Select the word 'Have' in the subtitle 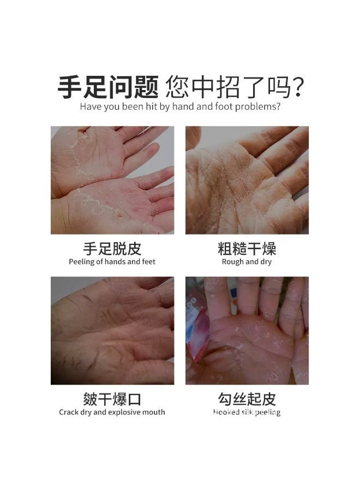point(91,106)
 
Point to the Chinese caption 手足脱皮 point(112,249)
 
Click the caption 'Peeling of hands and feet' point(112,262)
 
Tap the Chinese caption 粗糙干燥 point(247,249)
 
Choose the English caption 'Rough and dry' point(247,262)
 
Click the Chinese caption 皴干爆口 point(112,399)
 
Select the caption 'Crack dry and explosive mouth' point(112,412)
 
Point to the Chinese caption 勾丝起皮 point(247,399)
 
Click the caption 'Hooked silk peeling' point(247,412)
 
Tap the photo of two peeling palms point(112,180)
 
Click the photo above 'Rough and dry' point(247,180)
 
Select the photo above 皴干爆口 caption point(112,331)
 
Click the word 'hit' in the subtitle point(151,106)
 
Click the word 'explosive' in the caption point(127,412)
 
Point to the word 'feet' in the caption point(148,262)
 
